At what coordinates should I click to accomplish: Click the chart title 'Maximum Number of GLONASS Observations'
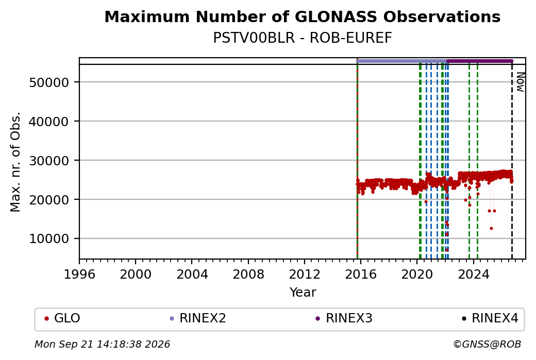(x=302, y=16)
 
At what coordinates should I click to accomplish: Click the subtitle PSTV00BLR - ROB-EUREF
(x=302, y=38)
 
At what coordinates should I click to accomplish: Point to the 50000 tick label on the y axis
(x=49, y=82)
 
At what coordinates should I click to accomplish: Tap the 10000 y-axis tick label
(x=49, y=239)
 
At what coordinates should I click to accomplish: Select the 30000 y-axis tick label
(x=49, y=161)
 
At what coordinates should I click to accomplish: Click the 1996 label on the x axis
(x=79, y=275)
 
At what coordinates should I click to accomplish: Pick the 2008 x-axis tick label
(x=248, y=275)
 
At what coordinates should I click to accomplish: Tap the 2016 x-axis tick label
(x=361, y=275)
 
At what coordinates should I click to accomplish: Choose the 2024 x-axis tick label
(x=474, y=275)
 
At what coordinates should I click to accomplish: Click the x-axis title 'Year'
(x=303, y=293)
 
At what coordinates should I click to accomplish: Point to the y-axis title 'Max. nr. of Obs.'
(x=15, y=162)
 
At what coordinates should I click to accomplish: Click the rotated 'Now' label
(x=520, y=82)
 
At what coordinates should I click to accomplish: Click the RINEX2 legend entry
(x=198, y=318)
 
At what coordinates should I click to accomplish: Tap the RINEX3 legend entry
(x=344, y=318)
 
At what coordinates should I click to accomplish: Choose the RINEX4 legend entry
(x=490, y=318)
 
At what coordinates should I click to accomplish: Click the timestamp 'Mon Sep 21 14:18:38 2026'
(x=103, y=344)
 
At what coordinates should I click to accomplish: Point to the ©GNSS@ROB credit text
(x=487, y=344)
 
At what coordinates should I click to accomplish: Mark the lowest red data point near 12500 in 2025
(x=491, y=229)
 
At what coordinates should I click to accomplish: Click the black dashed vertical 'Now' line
(x=512, y=161)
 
